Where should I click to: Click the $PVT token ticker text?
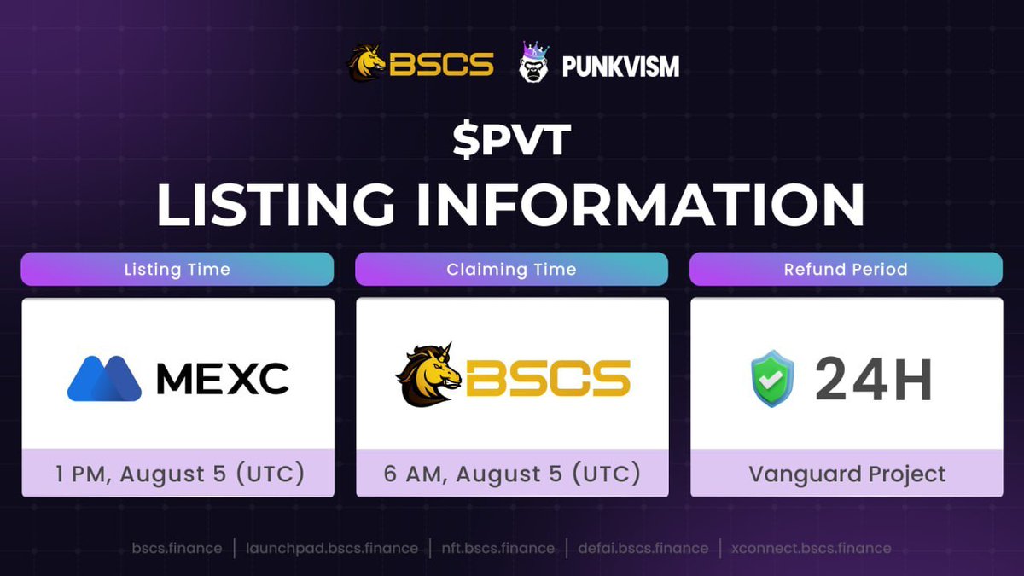(x=511, y=142)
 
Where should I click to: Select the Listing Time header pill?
(x=177, y=269)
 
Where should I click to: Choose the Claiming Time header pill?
(x=511, y=269)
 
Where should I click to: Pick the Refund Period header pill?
(x=846, y=269)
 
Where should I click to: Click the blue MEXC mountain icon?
(x=104, y=379)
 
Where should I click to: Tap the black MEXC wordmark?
(x=222, y=379)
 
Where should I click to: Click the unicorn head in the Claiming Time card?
(x=430, y=375)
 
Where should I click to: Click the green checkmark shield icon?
(x=772, y=379)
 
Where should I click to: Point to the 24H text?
(x=873, y=379)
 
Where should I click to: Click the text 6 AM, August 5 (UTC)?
(x=511, y=474)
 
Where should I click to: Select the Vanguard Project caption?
(x=847, y=474)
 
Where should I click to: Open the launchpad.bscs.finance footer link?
(x=332, y=548)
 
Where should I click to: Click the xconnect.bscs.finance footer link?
(x=811, y=548)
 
